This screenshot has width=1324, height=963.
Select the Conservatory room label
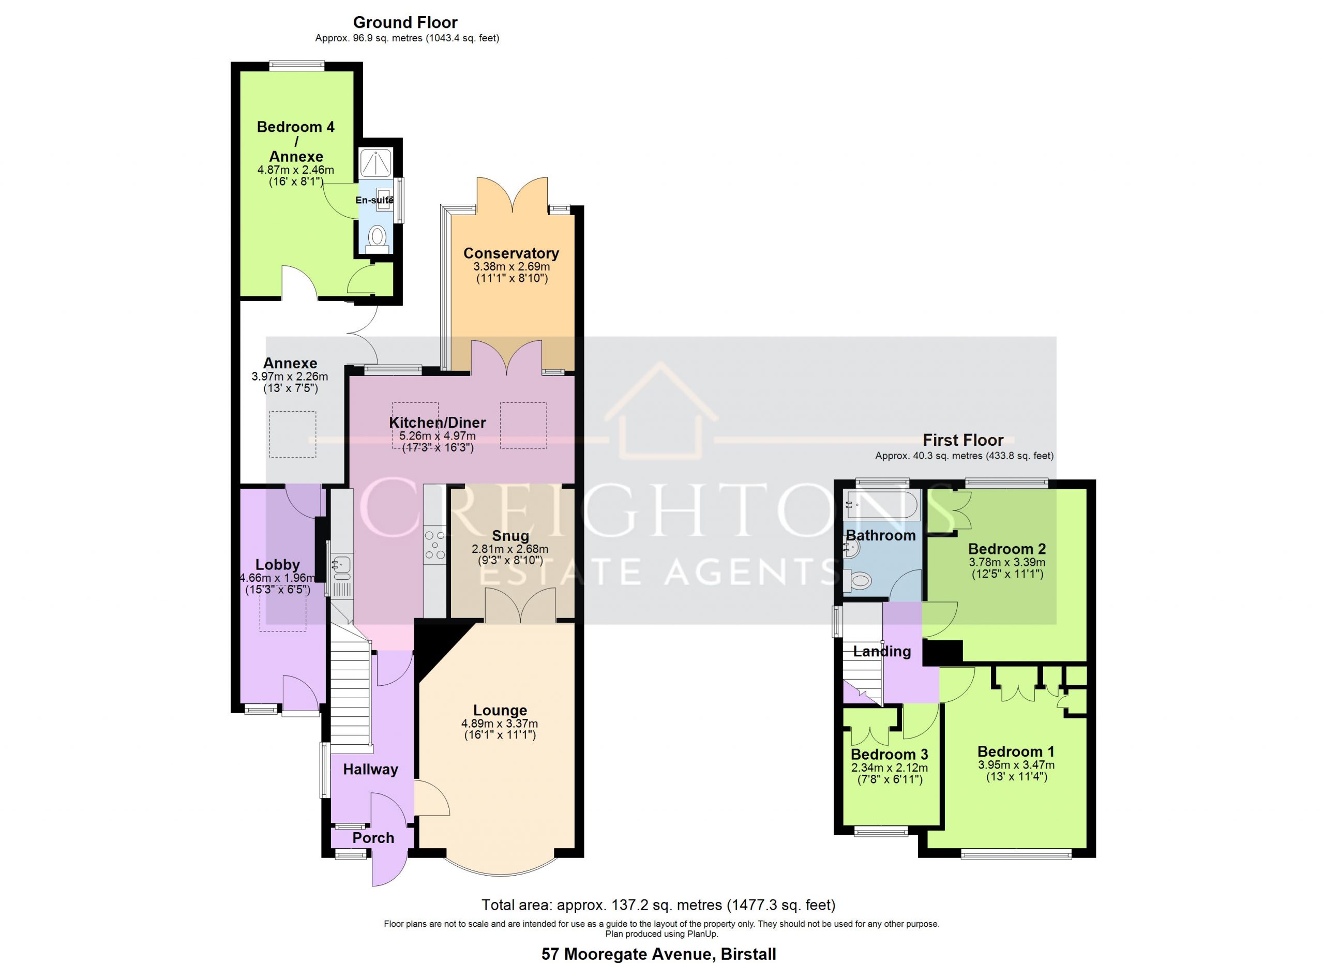[511, 253]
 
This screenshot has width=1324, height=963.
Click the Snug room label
[510, 536]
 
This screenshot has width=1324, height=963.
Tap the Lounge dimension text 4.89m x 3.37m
[500, 724]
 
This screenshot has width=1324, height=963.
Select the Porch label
[373, 838]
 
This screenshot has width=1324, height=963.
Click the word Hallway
[370, 769]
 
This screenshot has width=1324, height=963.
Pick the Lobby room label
[277, 564]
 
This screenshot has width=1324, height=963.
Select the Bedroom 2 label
[1007, 549]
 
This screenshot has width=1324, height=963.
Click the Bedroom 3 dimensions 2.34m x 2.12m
[889, 768]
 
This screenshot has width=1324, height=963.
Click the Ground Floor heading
[405, 22]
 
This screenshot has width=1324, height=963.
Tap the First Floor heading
[962, 440]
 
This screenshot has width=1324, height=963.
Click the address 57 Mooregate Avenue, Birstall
[658, 954]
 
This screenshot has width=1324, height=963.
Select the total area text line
[658, 905]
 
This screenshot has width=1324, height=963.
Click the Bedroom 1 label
[1016, 751]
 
